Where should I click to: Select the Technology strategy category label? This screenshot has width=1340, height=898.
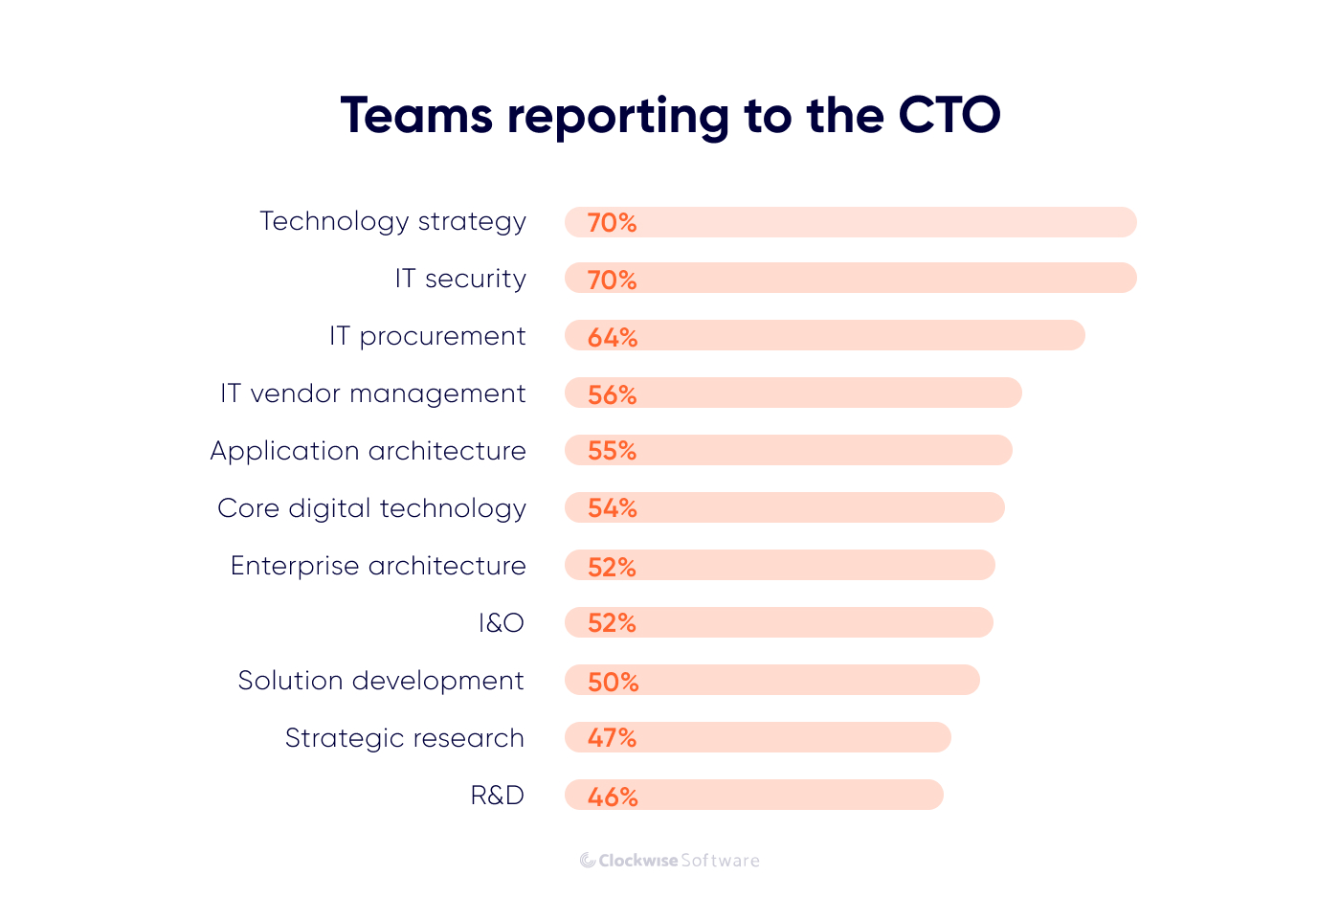pos(392,221)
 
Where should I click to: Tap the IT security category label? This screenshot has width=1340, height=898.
pos(460,279)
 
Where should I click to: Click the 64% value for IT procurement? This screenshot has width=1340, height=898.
pos(613,337)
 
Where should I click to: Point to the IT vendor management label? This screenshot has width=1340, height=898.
pos(372,393)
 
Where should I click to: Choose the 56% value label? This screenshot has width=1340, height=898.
pos(613,394)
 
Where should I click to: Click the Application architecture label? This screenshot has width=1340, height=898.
pos(368,451)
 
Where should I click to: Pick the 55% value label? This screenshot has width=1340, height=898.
pos(613,451)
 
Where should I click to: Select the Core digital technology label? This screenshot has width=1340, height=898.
pos(371,508)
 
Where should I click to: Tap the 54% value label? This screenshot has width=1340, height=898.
pos(613,508)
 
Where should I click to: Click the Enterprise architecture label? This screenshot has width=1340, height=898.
pos(378,566)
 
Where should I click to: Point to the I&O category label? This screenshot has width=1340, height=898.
pos(501,623)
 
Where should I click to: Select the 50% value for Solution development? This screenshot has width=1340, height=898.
pos(613,682)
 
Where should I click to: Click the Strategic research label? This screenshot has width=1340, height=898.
pos(404,738)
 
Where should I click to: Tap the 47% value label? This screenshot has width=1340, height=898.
pos(613,738)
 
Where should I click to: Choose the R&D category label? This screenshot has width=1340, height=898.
pos(497,796)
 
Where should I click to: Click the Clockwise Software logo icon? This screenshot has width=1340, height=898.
pos(588,861)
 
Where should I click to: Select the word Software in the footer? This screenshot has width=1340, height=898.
pos(720,861)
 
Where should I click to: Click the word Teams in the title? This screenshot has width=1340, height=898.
pos(415,116)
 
